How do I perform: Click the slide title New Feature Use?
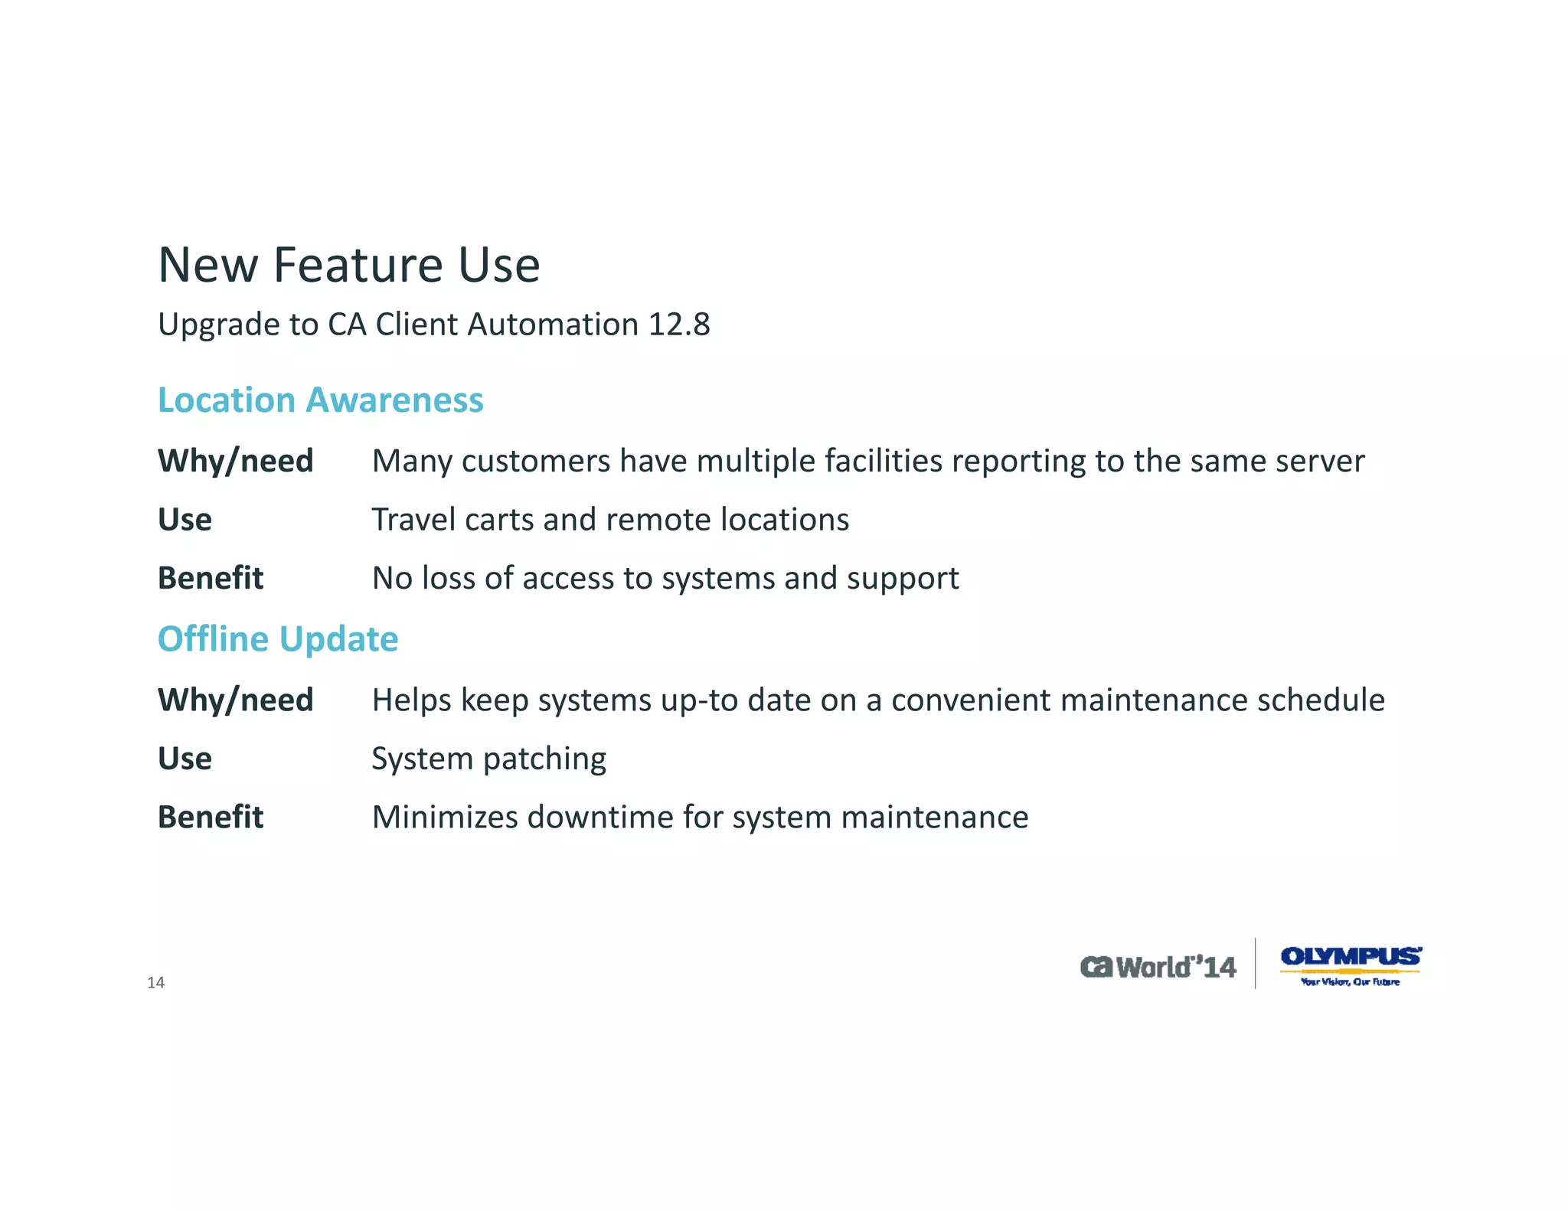[x=349, y=265]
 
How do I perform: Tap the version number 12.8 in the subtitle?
[x=679, y=325]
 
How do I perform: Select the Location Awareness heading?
[x=320, y=400]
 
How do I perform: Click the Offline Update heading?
[x=278, y=639]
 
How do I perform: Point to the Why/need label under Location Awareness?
[x=236, y=461]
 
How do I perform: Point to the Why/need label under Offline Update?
[x=236, y=700]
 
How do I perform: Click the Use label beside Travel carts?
[x=185, y=520]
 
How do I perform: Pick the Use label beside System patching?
[x=185, y=759]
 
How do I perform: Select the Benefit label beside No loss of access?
[x=211, y=579]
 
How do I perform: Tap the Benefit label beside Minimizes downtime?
[x=211, y=818]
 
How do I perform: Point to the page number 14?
[x=155, y=983]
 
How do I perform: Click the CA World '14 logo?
[x=1158, y=967]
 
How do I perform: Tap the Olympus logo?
[x=1351, y=965]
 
